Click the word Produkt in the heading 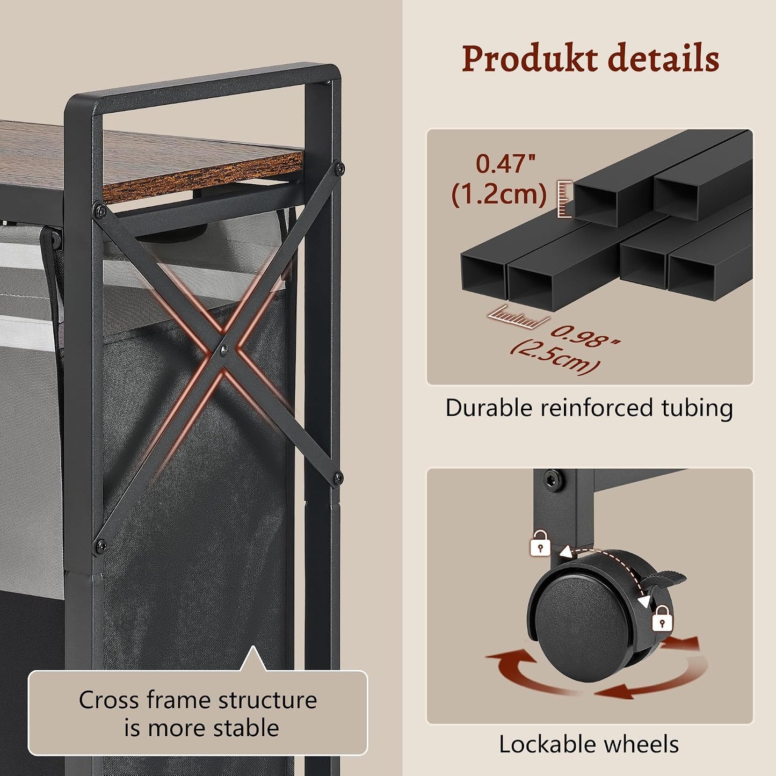[x=529, y=59]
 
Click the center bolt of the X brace [x=224, y=351]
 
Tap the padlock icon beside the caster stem [x=540, y=543]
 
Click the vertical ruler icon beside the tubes [x=564, y=199]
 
